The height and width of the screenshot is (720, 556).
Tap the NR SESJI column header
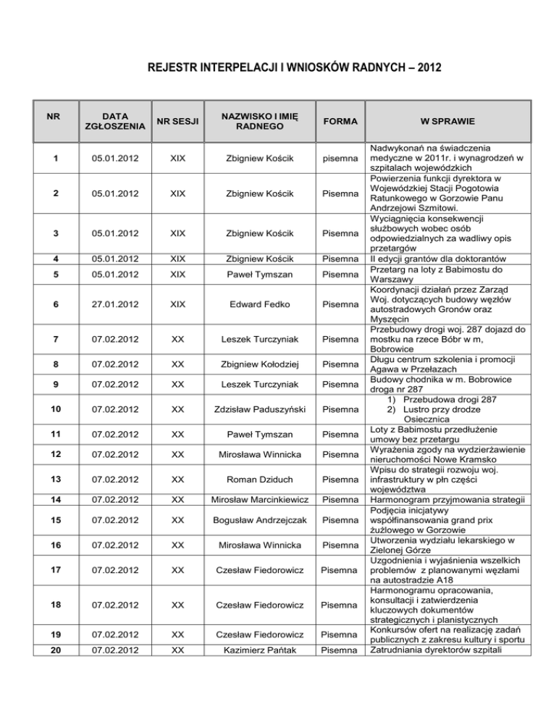[x=177, y=121]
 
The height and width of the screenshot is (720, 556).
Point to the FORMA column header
[x=340, y=121]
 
